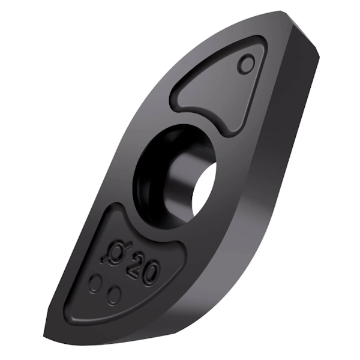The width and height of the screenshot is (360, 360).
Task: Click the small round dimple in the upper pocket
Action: [x=246, y=63]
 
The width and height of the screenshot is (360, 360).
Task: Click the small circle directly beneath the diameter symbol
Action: [x=95, y=283]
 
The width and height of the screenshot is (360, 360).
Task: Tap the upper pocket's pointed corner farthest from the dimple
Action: [x=178, y=96]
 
